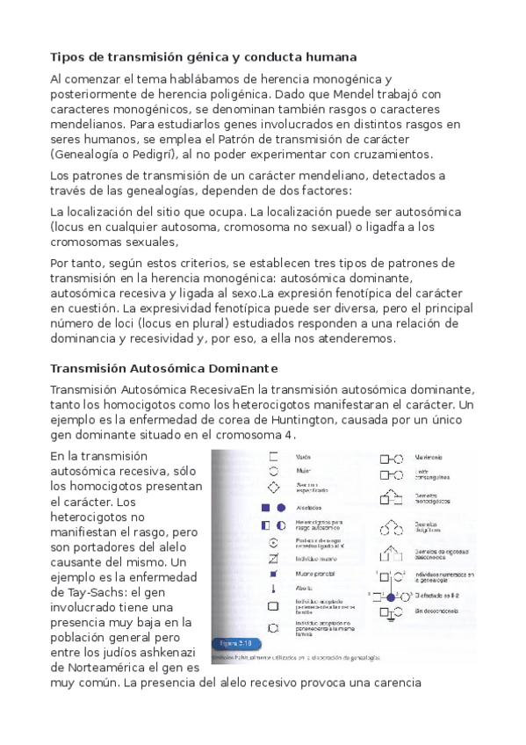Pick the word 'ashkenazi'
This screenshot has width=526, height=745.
[167, 657]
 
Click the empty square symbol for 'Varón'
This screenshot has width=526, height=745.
[274, 457]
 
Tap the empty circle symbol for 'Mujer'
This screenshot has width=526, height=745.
[274, 471]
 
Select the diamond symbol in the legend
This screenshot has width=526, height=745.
[274, 487]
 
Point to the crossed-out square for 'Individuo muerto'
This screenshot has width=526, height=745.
[274, 560]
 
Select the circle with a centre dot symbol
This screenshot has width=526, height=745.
[274, 543]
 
